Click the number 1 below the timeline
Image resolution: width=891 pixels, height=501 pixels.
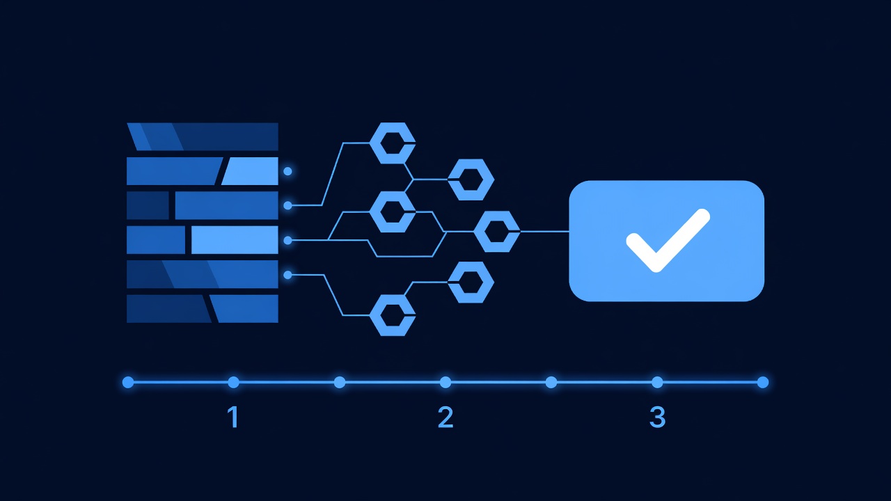(233, 417)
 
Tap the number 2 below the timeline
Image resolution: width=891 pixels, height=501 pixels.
(445, 417)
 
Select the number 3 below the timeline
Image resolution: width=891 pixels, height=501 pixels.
(658, 417)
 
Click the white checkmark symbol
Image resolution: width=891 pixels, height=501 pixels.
(668, 240)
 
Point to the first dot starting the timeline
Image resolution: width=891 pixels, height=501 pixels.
(128, 382)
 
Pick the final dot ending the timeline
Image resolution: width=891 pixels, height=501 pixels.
(763, 382)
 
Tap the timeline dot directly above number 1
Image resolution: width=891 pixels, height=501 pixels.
(233, 382)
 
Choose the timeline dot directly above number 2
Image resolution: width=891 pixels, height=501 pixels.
(445, 382)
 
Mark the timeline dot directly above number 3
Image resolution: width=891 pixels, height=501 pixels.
(657, 382)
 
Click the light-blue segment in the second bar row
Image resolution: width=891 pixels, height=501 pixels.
(251, 171)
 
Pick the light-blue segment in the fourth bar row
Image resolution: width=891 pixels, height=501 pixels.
(235, 240)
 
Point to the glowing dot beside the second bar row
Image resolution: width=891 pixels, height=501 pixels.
(287, 171)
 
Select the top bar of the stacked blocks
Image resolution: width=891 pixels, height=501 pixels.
(203, 136)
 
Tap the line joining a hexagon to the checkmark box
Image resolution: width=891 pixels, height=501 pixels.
(544, 232)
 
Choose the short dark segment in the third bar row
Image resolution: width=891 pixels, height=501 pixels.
(148, 205)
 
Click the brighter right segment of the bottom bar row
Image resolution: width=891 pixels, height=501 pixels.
(244, 308)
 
